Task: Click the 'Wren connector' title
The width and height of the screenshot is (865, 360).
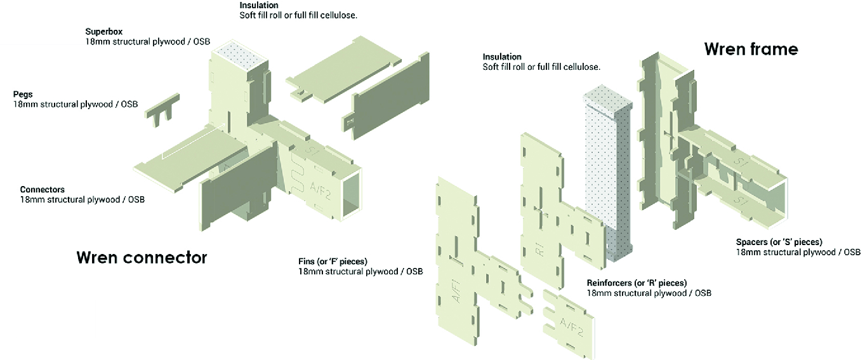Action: [142, 258]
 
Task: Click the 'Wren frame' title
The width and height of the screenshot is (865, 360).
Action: [751, 49]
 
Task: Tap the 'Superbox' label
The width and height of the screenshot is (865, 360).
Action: [104, 31]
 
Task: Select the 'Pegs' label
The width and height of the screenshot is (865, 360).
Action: [23, 94]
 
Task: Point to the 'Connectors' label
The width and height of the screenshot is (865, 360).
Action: [42, 189]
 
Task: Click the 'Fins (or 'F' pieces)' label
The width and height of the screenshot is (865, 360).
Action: [333, 262]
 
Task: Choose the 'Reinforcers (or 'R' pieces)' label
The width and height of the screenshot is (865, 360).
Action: [637, 283]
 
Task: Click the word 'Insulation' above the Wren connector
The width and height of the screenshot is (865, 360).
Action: [259, 5]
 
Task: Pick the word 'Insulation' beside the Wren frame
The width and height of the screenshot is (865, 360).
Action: [502, 57]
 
